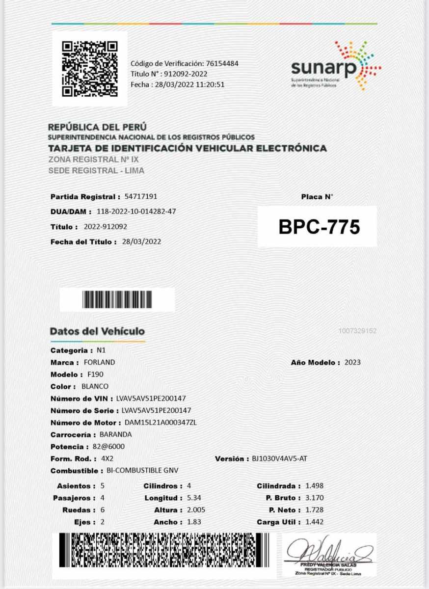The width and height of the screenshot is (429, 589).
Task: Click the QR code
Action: tap(90, 69)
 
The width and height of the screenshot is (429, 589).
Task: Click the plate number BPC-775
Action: tap(319, 227)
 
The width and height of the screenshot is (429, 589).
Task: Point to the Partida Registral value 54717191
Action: tap(141, 197)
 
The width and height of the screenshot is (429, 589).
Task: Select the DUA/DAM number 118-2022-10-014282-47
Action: tap(136, 212)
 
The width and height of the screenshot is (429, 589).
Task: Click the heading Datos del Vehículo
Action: tap(97, 331)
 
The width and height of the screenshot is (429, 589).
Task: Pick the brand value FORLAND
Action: tap(100, 362)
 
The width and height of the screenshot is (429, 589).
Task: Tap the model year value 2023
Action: tap(352, 362)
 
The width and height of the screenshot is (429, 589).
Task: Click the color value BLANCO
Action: tap(95, 386)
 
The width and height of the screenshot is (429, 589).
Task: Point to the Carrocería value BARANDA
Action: tap(115, 434)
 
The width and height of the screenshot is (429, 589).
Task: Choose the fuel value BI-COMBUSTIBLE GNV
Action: tap(142, 471)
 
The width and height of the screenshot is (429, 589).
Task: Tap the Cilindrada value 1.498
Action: tap(314, 486)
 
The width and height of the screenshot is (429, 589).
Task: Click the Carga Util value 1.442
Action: tap(314, 522)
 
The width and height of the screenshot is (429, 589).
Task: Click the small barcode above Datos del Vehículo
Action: tap(117, 299)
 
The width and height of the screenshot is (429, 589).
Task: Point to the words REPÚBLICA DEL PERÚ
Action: tap(97, 127)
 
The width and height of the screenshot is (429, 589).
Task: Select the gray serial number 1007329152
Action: tap(357, 331)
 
